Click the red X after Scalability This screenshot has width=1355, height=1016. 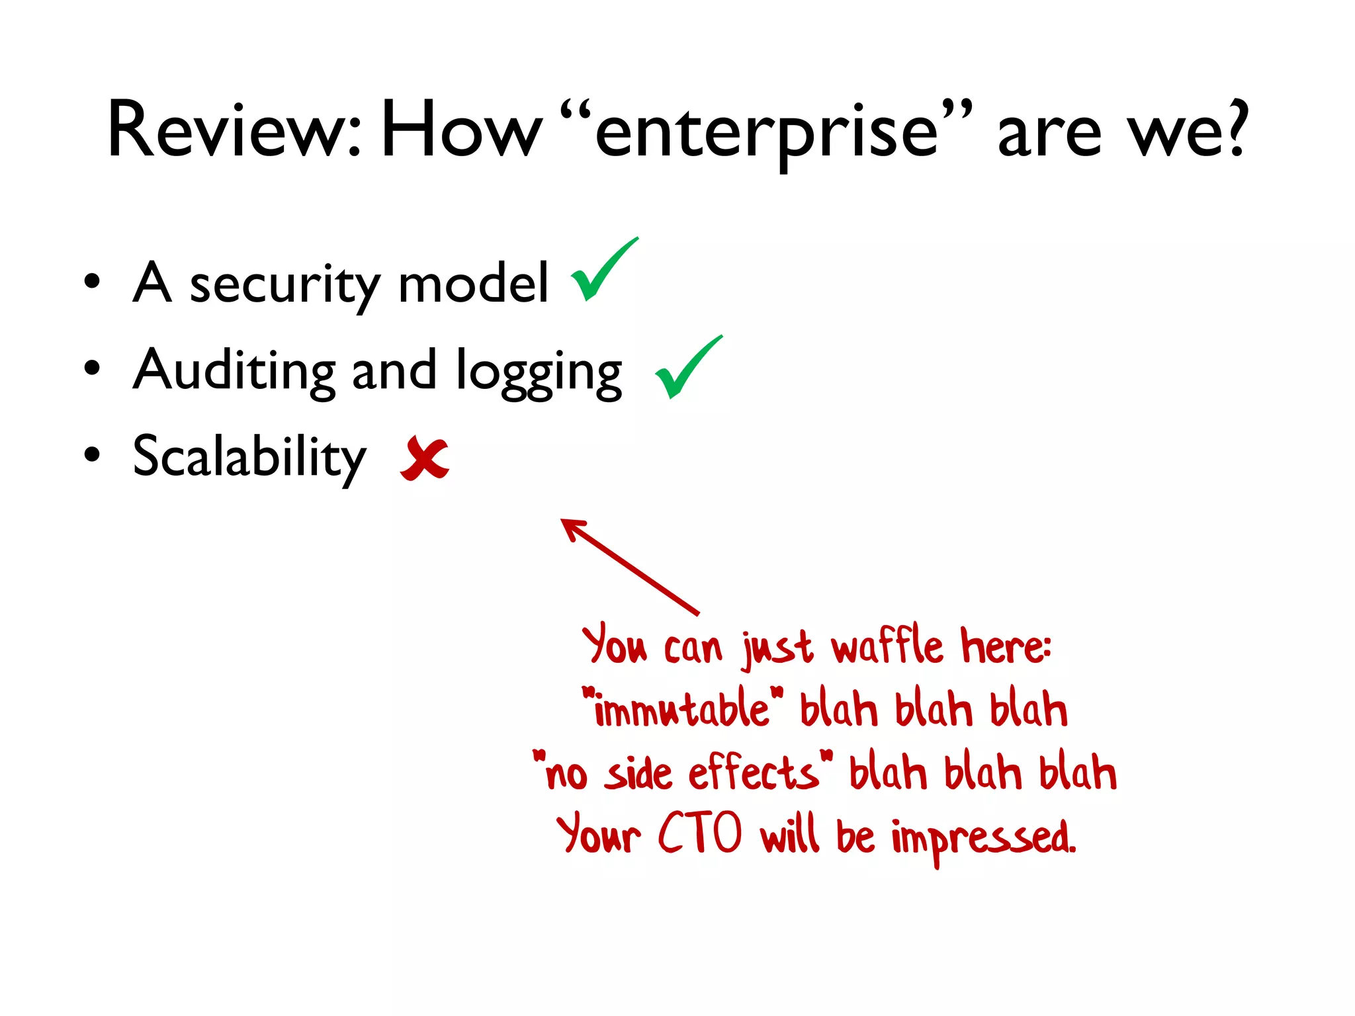425,458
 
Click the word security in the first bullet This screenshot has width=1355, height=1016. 284,284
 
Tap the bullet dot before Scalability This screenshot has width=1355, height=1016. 92,454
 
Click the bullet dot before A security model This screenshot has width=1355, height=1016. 92,280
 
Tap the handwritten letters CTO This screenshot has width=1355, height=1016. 700,833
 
